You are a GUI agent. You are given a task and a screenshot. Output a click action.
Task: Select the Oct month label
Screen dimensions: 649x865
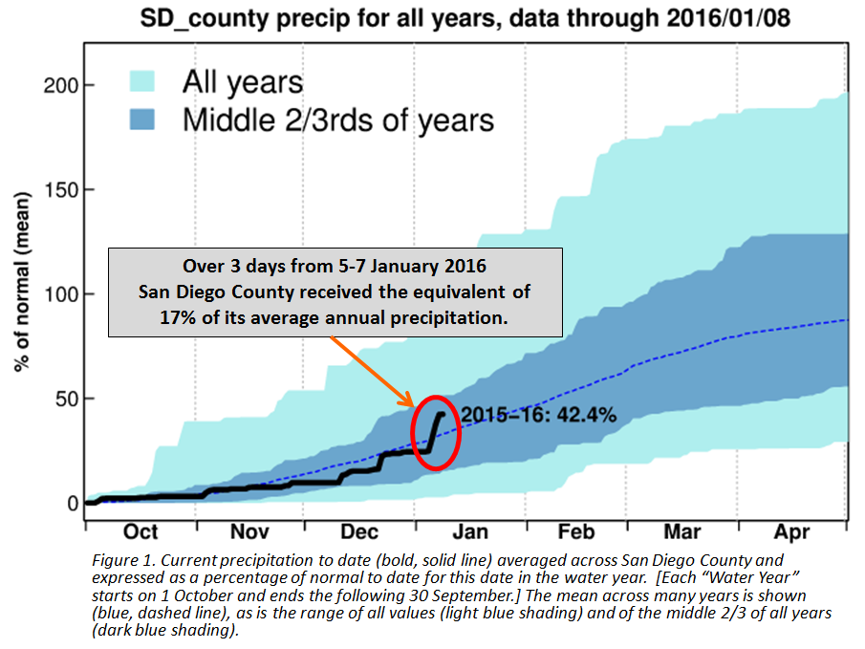(141, 531)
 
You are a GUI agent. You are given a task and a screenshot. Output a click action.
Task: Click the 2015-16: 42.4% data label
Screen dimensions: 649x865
(538, 416)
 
